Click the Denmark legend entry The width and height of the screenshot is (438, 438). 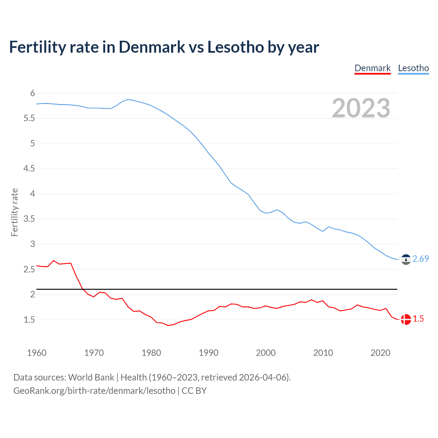coord(372,68)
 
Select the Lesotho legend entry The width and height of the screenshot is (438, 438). coord(413,68)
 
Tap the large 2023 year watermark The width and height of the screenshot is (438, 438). coord(361,108)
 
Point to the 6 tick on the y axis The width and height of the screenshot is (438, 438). coord(33,93)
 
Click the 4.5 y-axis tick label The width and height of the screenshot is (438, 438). coord(29,168)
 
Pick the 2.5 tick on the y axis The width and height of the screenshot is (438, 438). coord(29,269)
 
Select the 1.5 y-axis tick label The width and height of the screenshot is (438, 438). coord(29,320)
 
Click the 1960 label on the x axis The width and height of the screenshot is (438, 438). coord(37,353)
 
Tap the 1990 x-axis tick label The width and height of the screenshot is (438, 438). coord(208,353)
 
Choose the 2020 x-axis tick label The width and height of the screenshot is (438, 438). coord(380,353)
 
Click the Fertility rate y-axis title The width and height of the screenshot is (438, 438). coord(14,212)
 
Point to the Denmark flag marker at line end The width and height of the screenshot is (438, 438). coord(406,319)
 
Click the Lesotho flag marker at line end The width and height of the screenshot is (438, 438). coord(406,260)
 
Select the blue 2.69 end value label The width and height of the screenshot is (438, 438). coord(421,259)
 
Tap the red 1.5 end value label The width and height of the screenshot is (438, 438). coord(418,319)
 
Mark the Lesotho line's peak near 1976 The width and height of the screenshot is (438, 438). coord(128,99)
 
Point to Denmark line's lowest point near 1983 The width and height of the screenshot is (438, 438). coord(168,325)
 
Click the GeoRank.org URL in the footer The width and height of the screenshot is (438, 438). coord(94,391)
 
